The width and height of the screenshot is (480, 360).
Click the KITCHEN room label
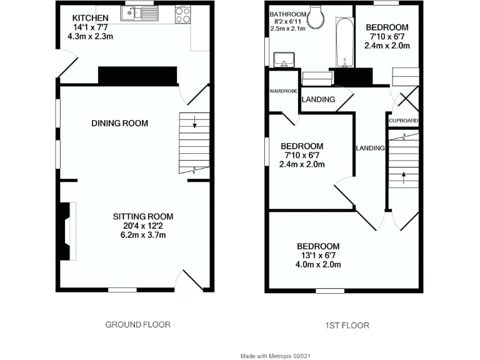click(90, 17)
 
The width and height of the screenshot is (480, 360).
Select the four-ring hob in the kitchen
click(182, 14)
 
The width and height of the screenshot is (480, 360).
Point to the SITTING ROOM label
click(142, 216)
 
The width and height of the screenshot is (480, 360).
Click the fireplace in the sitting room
click(67, 231)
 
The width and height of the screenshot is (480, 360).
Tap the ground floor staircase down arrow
click(195, 122)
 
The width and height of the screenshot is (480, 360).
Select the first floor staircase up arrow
click(403, 177)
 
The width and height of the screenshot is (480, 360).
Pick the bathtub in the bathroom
click(344, 44)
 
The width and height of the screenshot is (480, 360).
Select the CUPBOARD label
click(403, 121)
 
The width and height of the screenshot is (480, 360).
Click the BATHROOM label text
click(288, 14)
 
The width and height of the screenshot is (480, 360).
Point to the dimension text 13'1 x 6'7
click(318, 255)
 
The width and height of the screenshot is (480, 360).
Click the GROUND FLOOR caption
click(137, 324)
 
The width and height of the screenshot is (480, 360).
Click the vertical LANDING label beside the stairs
click(369, 148)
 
